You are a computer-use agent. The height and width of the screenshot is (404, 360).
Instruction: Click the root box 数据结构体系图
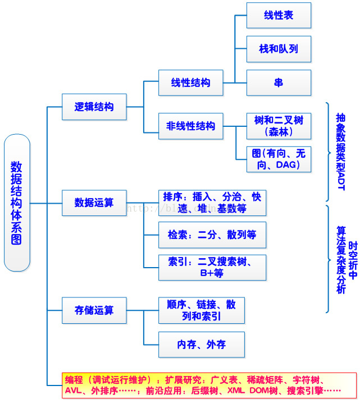tap(17, 203)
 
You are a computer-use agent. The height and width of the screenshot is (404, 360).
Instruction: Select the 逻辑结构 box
tap(94, 107)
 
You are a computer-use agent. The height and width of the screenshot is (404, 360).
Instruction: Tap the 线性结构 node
tap(191, 83)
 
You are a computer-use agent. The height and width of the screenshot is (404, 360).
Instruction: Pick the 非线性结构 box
tap(191, 126)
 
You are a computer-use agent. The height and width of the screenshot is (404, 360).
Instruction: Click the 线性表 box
tap(279, 16)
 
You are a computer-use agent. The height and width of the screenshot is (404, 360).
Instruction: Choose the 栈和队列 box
tap(279, 49)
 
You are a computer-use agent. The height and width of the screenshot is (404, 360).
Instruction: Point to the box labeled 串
tap(279, 82)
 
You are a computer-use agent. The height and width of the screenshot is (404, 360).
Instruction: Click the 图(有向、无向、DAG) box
tap(279, 160)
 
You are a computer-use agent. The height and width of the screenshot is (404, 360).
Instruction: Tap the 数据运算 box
tap(94, 202)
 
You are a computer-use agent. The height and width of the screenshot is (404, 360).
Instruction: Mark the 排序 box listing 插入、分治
tap(212, 203)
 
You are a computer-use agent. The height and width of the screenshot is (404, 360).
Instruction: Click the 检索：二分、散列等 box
tap(212, 235)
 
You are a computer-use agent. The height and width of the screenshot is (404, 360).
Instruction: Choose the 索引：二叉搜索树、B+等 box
tap(212, 267)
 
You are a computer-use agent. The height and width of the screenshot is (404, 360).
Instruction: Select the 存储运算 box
tap(94, 310)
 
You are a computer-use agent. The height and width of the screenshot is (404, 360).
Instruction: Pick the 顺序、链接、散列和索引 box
tap(202, 310)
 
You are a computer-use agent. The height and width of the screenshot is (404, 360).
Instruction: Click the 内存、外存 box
tap(202, 345)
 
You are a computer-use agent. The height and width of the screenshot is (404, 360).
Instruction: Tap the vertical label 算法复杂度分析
tap(341, 260)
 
